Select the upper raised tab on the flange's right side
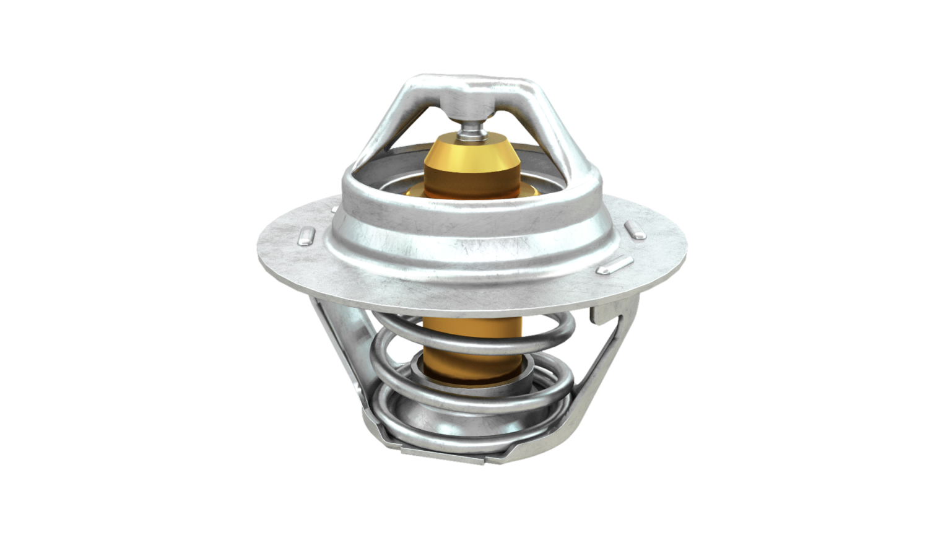click(635, 231)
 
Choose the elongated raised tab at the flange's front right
click(614, 265)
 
